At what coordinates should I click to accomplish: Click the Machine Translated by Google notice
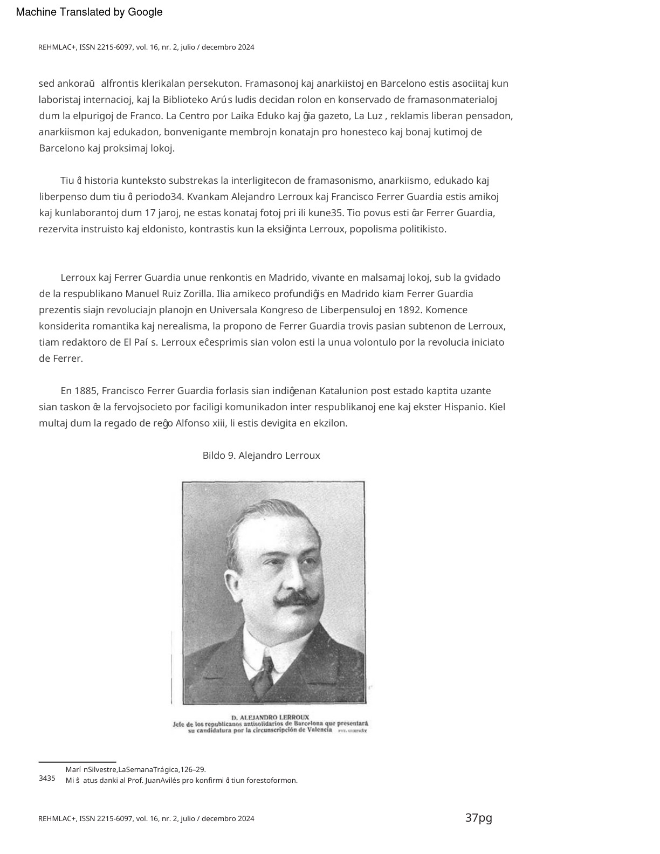pyautogui.click(x=89, y=12)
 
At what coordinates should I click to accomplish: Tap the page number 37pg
pyautogui.click(x=478, y=818)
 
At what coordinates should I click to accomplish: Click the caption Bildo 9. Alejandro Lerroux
pyautogui.click(x=261, y=456)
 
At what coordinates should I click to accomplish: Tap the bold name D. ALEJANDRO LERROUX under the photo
pyautogui.click(x=270, y=717)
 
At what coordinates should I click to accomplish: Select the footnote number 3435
pyautogui.click(x=47, y=778)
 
